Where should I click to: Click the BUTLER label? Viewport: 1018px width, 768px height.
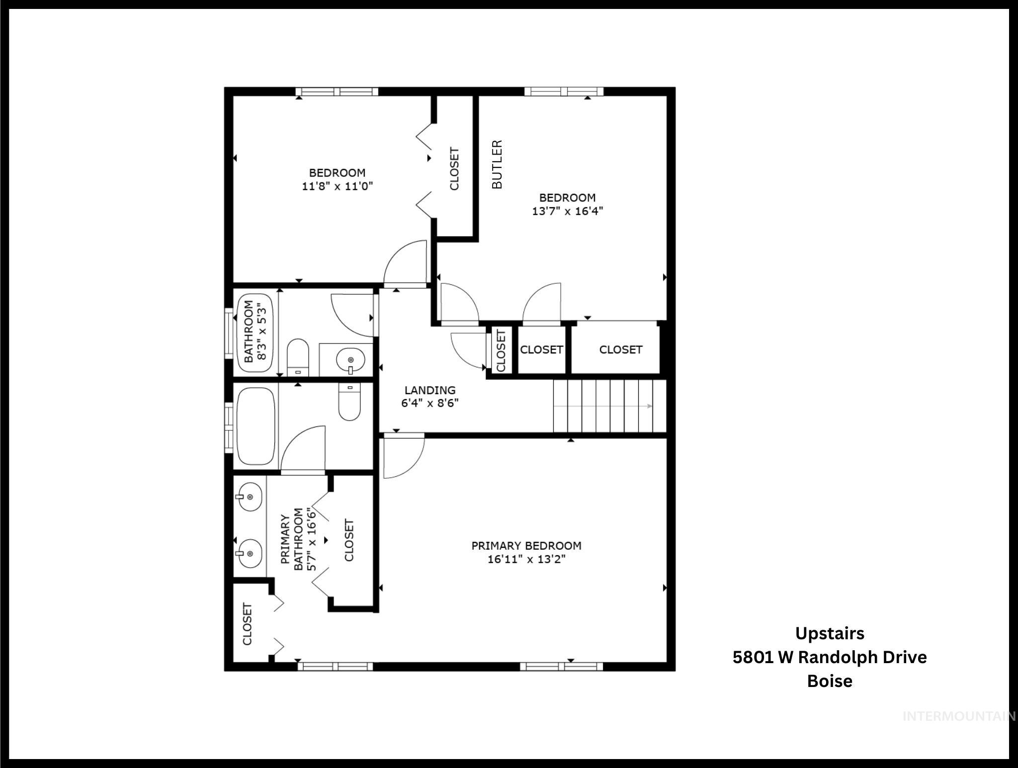pos(497,165)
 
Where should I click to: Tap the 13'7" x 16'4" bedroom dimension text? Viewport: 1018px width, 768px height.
pos(567,211)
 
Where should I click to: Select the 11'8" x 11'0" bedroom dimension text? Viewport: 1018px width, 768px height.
pos(337,186)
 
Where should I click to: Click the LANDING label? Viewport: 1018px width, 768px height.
pos(429,390)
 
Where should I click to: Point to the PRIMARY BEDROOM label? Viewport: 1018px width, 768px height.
pos(526,545)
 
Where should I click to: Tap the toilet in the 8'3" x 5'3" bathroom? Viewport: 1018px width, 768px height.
pos(298,357)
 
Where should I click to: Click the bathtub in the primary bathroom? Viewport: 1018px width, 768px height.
pos(256,426)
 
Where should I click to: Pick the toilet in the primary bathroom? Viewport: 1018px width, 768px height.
pos(349,402)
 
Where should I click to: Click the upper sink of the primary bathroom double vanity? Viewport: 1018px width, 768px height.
pos(250,496)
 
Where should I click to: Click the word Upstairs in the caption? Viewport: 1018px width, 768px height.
pos(829,633)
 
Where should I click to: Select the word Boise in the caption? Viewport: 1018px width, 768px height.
pos(829,681)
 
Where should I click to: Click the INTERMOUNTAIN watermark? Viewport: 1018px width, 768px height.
pos(958,716)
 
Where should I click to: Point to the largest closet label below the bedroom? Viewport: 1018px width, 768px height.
pos(620,349)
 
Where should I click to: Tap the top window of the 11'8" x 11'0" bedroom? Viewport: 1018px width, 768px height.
pos(337,91)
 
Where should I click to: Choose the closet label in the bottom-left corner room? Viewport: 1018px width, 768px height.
pos(248,624)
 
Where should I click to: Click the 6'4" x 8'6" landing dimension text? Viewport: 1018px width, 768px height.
pos(429,403)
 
